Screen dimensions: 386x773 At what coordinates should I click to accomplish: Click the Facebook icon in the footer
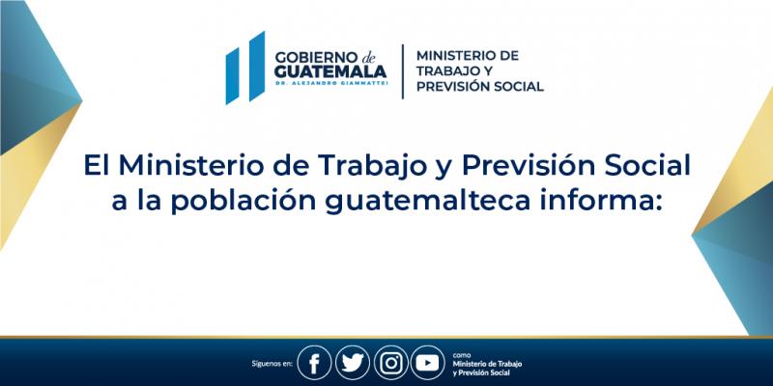[x=314, y=363]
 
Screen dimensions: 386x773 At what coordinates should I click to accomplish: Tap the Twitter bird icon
[x=353, y=363]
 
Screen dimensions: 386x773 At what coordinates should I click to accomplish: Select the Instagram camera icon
[x=390, y=363]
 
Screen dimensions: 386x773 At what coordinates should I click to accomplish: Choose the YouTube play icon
[x=427, y=363]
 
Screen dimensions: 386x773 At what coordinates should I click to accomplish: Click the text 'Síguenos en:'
[x=271, y=364]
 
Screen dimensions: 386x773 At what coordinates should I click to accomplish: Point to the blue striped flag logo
[x=244, y=68]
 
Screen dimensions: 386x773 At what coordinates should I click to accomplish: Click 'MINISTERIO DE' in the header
[x=468, y=55]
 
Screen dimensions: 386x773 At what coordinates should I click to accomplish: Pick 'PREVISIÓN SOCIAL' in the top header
[x=479, y=87]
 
